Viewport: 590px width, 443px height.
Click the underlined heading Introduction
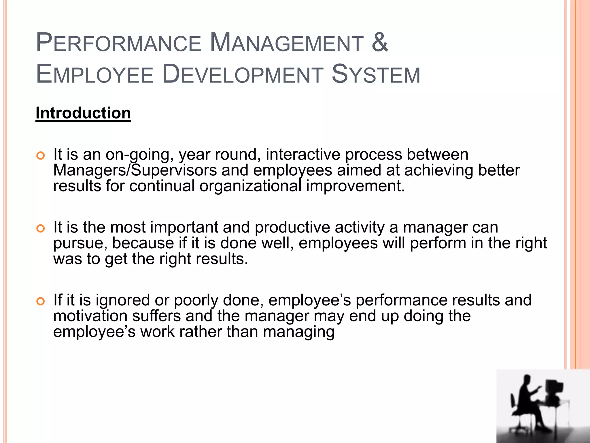[83, 113]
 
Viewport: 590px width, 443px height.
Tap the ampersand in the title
[380, 43]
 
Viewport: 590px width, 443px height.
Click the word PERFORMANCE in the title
[118, 43]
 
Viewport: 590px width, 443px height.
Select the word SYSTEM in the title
[376, 74]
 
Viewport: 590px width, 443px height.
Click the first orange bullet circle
[41, 156]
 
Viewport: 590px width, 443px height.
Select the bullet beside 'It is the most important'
[41, 229]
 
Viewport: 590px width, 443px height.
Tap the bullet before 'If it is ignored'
[41, 302]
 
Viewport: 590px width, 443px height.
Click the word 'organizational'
[250, 186]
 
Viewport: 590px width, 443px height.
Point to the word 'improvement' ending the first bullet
[355, 186]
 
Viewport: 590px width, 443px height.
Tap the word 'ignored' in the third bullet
[123, 301]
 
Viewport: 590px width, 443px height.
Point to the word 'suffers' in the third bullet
[156, 316]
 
